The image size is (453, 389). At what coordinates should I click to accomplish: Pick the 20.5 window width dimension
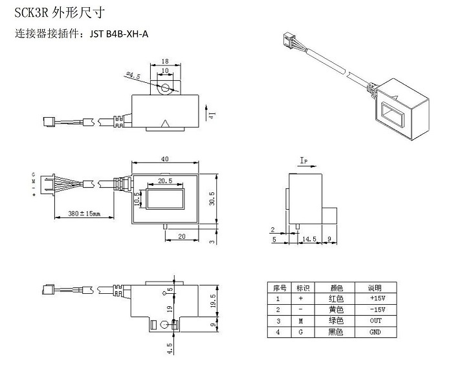[x=164, y=181]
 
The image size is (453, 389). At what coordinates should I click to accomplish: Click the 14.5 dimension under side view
[x=309, y=239]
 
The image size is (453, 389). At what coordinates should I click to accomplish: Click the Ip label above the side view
[x=304, y=159]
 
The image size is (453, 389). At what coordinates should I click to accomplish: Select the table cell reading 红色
[x=337, y=299]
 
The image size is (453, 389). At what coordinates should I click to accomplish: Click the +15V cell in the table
[x=375, y=299]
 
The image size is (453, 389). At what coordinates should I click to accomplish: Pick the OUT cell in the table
[x=375, y=321]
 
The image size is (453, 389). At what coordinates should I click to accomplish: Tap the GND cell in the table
[x=375, y=332]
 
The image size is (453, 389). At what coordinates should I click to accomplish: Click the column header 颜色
[x=337, y=288]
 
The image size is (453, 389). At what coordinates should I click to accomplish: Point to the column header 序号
[x=279, y=288]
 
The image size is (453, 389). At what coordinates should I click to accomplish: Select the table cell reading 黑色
[x=337, y=332]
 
